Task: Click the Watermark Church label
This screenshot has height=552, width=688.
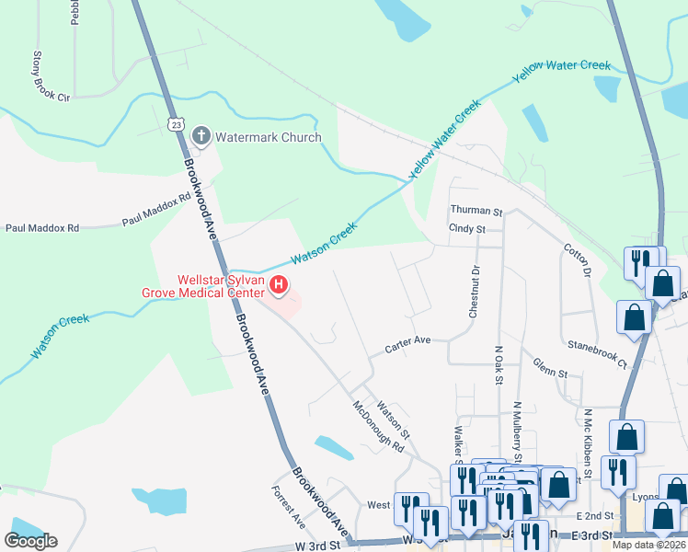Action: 268,138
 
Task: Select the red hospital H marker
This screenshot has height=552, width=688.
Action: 280,285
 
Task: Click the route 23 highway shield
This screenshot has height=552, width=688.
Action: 176,123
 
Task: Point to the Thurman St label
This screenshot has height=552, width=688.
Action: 475,211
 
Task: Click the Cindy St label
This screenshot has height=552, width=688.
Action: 466,228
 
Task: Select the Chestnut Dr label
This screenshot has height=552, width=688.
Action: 475,292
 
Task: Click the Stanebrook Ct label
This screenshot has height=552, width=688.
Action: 596,351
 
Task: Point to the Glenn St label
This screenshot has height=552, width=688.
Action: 550,368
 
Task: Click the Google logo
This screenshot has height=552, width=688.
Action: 31,541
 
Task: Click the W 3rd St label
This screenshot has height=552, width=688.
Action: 317,546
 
